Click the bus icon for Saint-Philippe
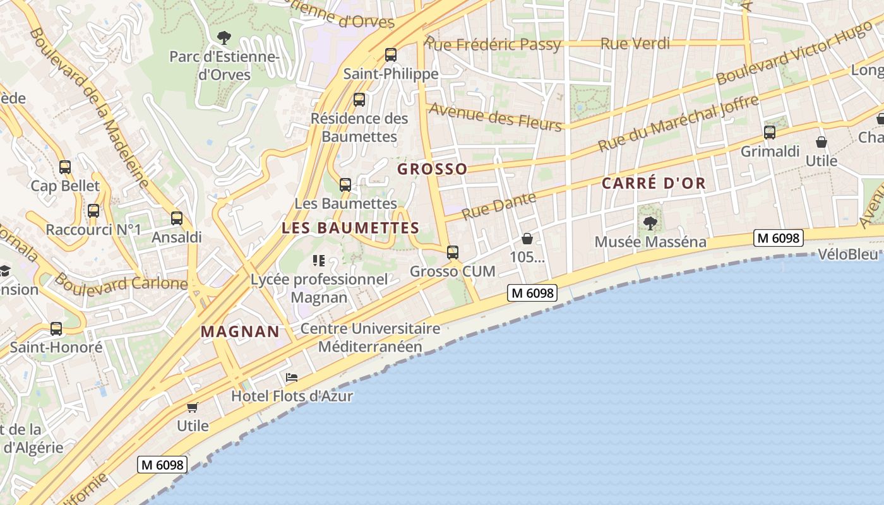[391, 55]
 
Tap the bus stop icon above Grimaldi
[769, 133]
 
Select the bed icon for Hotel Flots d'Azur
[291, 377]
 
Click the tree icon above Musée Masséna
[650, 223]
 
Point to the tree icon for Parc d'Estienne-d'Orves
[224, 38]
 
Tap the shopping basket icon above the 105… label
[527, 239]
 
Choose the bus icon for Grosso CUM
[453, 252]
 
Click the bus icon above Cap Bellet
[65, 167]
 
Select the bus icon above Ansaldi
[177, 218]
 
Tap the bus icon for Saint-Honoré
[56, 329]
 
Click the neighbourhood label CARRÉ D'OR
[654, 184]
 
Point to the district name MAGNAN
[240, 331]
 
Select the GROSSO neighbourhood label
[433, 169]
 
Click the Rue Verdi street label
[635, 44]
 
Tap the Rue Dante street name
[499, 206]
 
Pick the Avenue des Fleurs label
[495, 117]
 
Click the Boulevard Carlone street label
[121, 282]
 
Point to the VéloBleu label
[848, 254]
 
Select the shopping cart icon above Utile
[193, 407]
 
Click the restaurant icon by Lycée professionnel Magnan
[319, 260]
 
